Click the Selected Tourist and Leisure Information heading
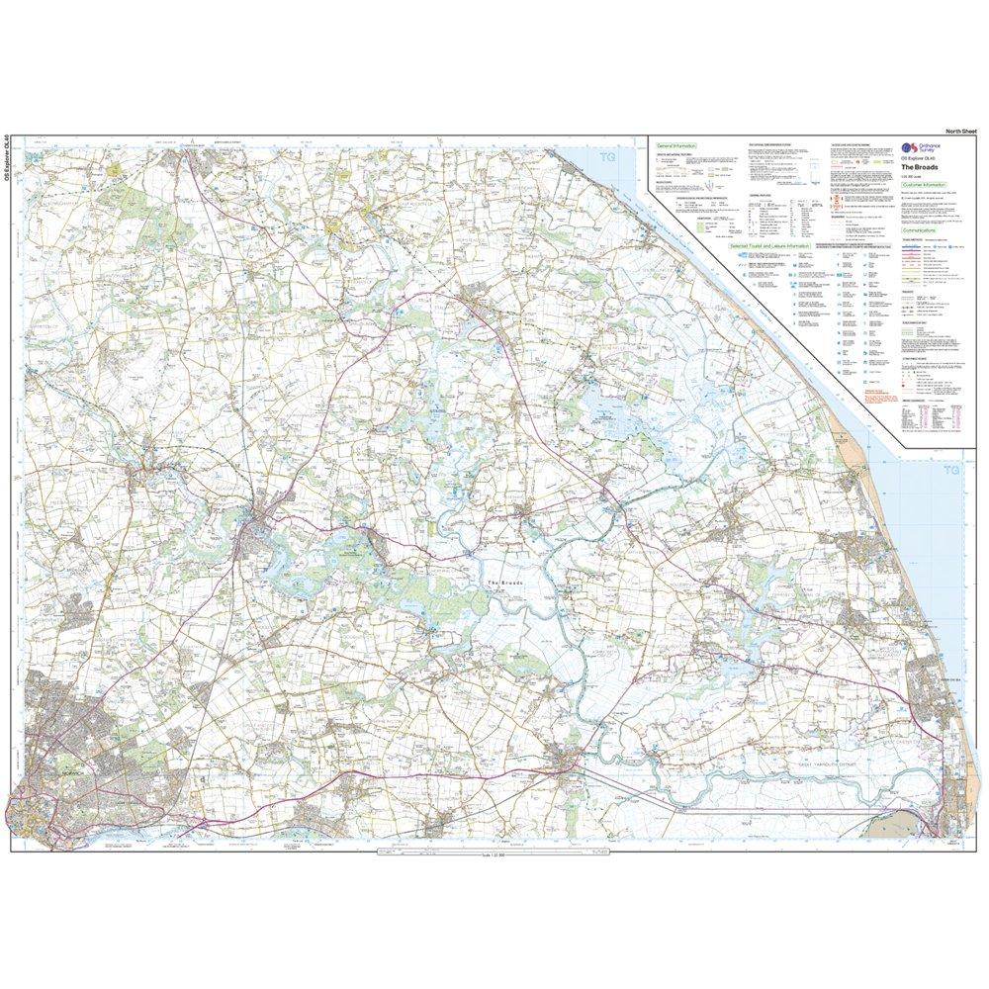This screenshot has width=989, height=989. (x=770, y=244)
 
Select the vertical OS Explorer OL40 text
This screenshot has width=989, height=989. (x=9, y=168)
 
